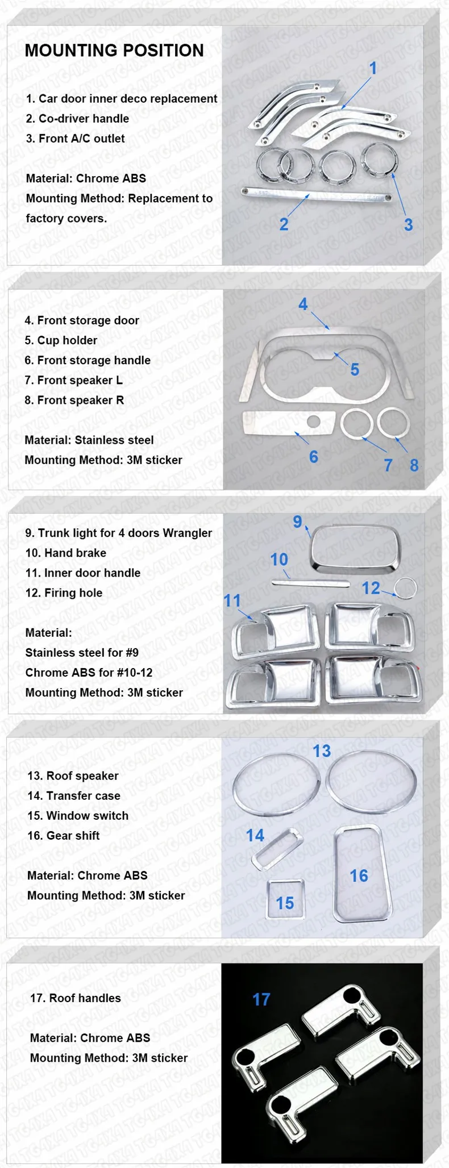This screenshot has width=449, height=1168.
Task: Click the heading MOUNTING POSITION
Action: [114, 51]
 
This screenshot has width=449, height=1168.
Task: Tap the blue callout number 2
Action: [284, 224]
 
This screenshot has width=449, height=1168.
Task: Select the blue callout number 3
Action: [409, 224]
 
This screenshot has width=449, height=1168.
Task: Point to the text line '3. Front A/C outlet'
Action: [75, 139]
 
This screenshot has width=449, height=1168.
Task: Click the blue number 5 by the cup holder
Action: [355, 370]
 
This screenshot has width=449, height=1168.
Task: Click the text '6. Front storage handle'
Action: [88, 360]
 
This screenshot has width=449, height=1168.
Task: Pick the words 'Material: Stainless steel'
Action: [89, 440]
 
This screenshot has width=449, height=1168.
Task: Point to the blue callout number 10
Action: [279, 560]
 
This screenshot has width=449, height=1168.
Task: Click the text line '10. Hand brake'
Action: [65, 553]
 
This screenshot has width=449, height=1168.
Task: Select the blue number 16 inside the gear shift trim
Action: [359, 875]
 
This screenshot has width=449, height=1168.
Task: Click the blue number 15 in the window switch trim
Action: [285, 903]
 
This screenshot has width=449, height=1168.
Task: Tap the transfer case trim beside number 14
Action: [277, 850]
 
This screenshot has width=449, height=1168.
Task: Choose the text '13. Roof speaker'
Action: [73, 776]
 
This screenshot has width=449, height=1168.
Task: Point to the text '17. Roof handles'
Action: [75, 998]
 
